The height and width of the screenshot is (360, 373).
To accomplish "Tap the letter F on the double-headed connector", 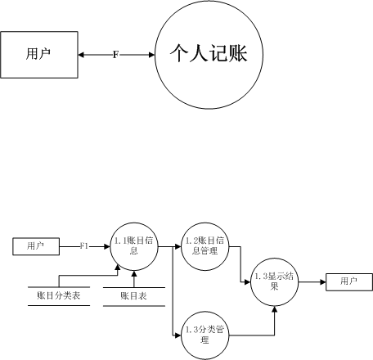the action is tap(116, 55).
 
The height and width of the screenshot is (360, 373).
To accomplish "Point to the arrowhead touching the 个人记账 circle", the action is tap(151, 55).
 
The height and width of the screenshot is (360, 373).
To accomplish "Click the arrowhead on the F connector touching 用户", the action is tap(82, 55).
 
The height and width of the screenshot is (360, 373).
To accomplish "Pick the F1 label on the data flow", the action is tap(84, 246).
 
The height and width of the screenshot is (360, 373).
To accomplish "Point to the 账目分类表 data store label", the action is tap(59, 296).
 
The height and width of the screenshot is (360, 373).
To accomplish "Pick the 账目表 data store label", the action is tap(134, 296).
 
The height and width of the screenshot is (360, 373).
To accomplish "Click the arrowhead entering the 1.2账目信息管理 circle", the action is tap(178, 246).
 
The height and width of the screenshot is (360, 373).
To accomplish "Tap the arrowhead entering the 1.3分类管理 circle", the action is tap(178, 335).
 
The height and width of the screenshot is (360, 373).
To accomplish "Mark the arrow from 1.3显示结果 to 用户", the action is tap(312, 282).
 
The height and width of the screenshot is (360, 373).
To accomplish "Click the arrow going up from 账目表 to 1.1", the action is tap(134, 279).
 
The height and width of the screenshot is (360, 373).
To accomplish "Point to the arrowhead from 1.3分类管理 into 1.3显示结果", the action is tap(274, 309).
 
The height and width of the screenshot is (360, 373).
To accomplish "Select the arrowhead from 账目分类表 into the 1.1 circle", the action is tap(118, 268).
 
